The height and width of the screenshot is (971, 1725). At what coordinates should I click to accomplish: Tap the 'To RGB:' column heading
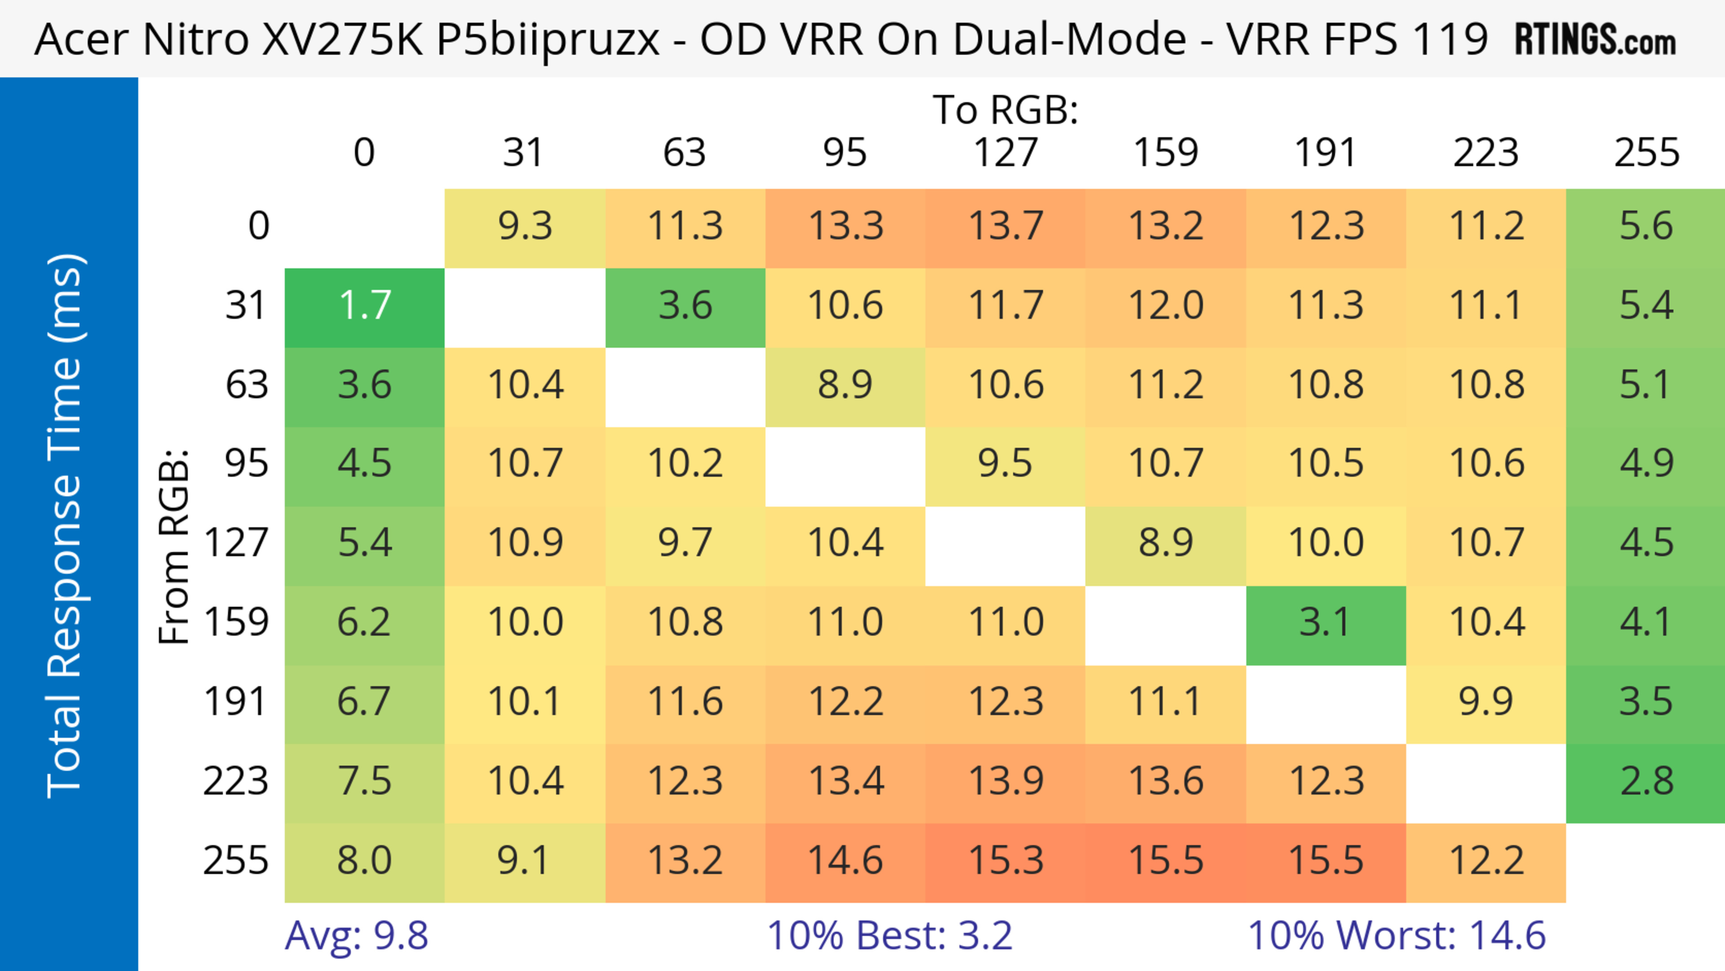[x=1005, y=110]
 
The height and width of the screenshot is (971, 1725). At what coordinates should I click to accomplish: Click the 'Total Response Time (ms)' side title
[x=66, y=526]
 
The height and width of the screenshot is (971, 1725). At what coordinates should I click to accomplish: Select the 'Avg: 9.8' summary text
[x=356, y=935]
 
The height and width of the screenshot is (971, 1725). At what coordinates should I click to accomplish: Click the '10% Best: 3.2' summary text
[x=889, y=935]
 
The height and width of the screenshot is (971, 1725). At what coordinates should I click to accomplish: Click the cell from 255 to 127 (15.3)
[x=1005, y=860]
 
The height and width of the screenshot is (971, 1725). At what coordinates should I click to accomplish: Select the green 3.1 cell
[x=1326, y=623]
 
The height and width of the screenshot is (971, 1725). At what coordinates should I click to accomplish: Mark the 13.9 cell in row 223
[x=1005, y=781]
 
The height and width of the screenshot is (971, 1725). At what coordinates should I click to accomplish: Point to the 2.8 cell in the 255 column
[x=1646, y=781]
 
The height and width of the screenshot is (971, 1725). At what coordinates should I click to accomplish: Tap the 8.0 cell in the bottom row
[x=364, y=860]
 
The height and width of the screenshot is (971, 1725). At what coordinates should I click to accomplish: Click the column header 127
[x=1005, y=153]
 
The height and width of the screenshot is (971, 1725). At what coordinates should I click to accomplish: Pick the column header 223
[x=1486, y=153]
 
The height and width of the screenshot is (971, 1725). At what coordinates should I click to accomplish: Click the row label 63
[x=247, y=385]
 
